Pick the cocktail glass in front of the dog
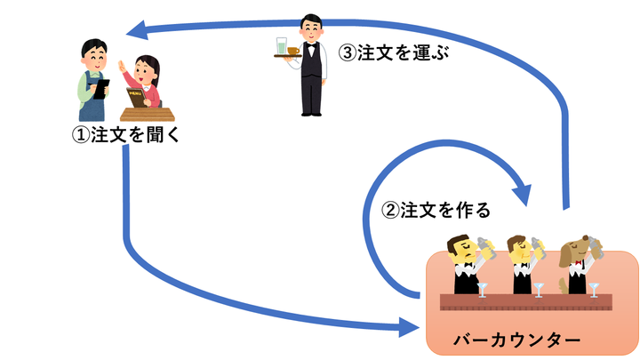pyautogui.click(x=594, y=287)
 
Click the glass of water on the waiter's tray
pyautogui.click(x=282, y=44)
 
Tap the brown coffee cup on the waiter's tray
pyautogui.click(x=293, y=51)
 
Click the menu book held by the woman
pyautogui.click(x=136, y=96)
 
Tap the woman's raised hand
pyautogui.click(x=124, y=68)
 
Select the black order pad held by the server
pyautogui.click(x=102, y=85)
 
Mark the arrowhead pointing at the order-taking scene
pyautogui.click(x=136, y=33)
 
